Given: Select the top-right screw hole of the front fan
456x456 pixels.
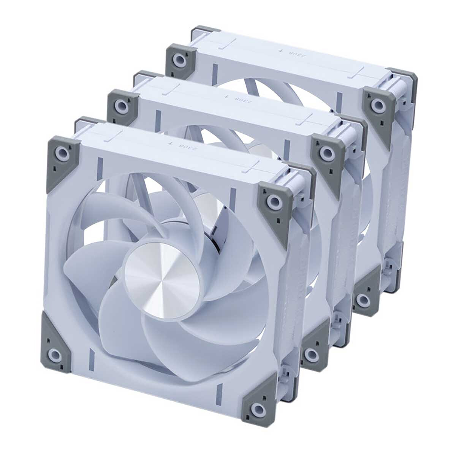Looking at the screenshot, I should (x=273, y=200).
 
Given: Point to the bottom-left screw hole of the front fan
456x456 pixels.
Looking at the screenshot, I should (x=55, y=355).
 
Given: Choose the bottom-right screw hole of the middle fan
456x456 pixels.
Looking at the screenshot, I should (x=312, y=355).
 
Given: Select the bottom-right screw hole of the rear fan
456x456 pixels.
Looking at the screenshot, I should (x=363, y=299).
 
